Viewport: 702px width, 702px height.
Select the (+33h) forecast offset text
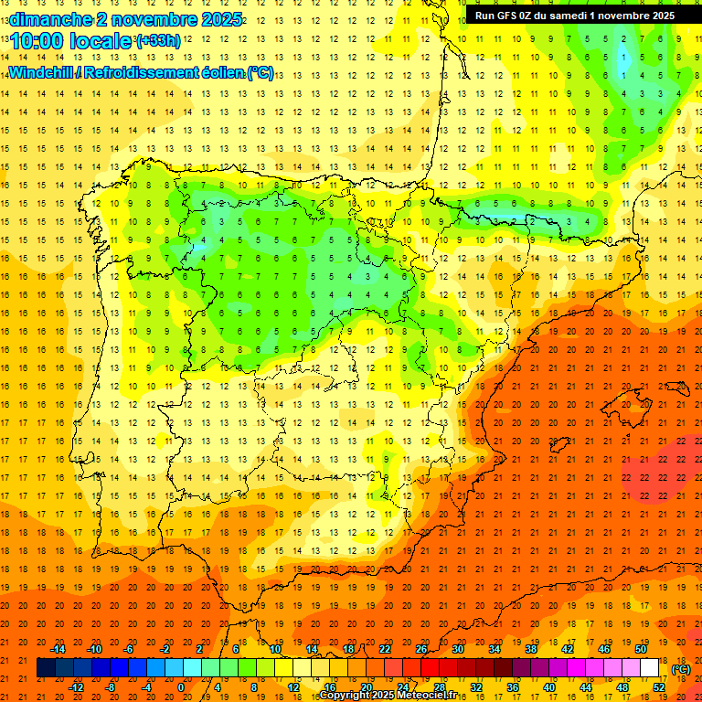point(158,41)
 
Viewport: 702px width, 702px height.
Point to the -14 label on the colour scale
point(58,648)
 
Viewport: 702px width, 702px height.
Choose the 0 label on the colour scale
point(180,686)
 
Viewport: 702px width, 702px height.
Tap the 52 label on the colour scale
point(659,686)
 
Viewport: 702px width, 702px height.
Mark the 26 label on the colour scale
point(421,648)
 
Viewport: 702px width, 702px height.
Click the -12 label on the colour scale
point(76,686)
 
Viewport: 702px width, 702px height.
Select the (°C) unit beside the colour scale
point(681,668)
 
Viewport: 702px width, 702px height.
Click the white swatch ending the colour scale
point(649,668)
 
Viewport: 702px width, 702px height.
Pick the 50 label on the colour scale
point(641,648)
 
